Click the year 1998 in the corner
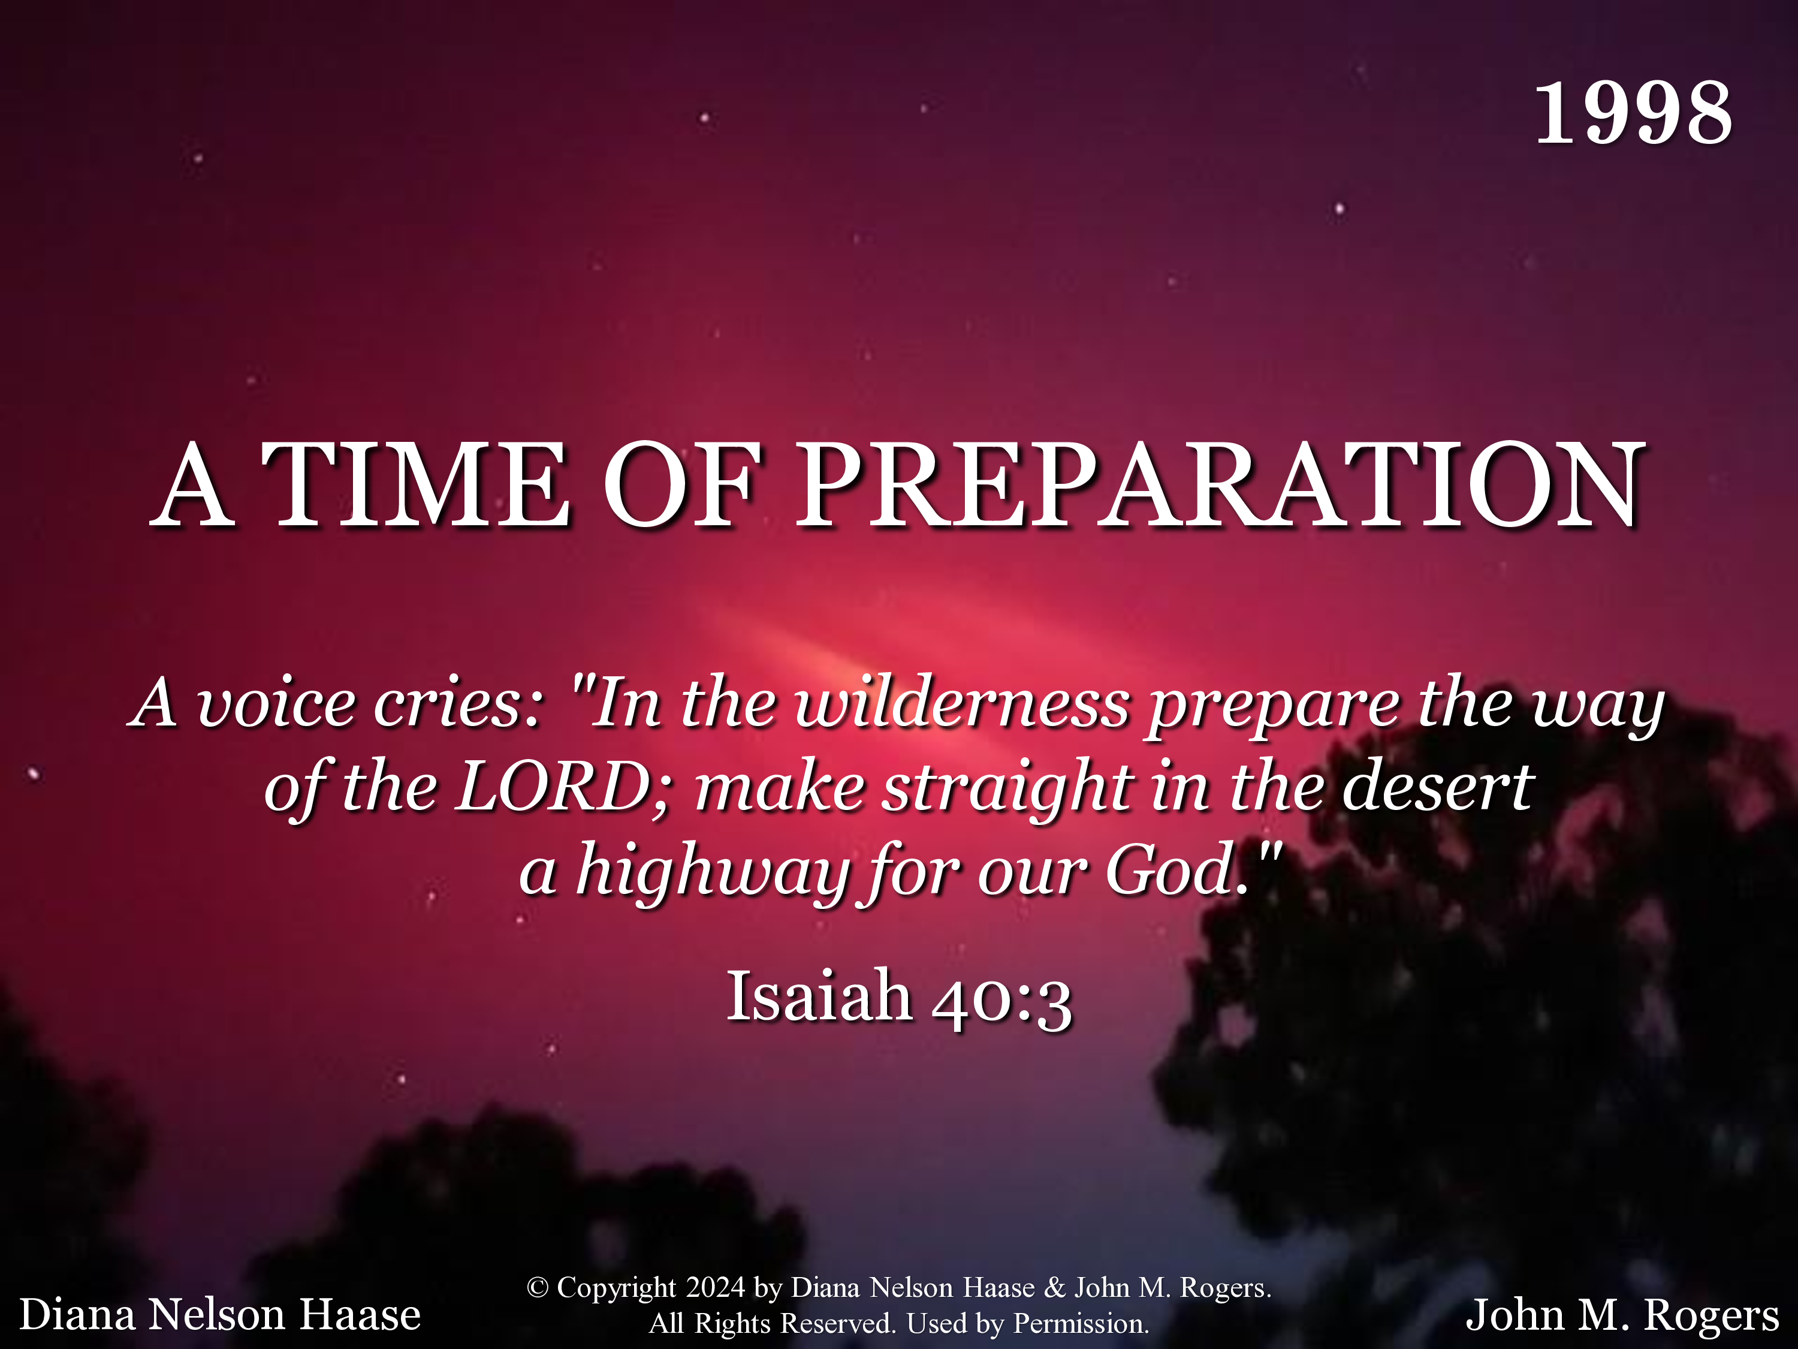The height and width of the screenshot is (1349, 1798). (1634, 113)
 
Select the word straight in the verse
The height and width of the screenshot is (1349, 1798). (1008, 790)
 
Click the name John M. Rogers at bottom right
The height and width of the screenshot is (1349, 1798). (1622, 1315)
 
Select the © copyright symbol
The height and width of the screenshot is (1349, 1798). (537, 1288)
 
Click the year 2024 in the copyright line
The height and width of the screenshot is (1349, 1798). (715, 1288)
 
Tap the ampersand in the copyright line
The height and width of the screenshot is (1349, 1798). (1054, 1288)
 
